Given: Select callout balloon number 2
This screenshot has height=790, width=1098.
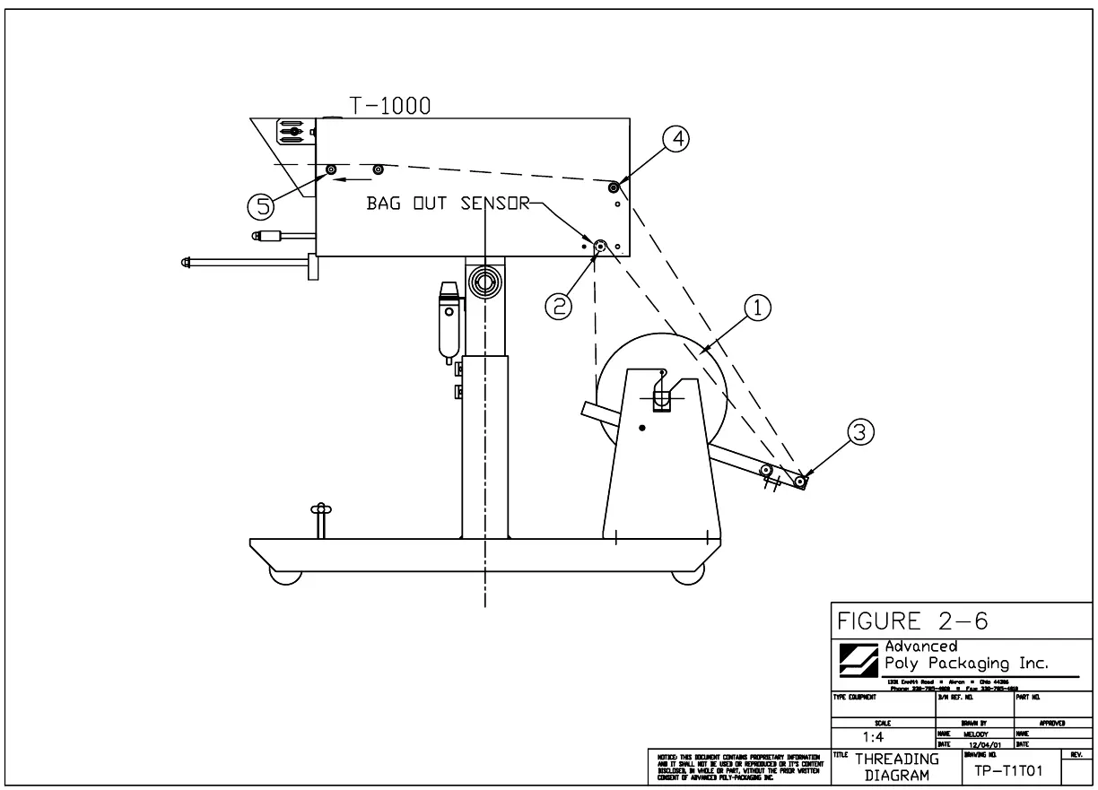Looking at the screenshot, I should coord(559,306).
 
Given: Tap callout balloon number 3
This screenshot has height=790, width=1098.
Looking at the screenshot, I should coord(859,433).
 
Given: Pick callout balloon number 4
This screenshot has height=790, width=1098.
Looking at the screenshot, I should coord(677,139).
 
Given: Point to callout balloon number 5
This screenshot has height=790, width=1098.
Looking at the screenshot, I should coord(261,206).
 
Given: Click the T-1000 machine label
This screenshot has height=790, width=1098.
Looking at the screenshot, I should coord(389,105).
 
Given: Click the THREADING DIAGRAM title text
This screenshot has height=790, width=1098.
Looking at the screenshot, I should coord(897,767).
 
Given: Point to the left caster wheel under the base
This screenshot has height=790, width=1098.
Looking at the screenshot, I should coord(284,575).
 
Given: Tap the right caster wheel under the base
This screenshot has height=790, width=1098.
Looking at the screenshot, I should coord(687,575).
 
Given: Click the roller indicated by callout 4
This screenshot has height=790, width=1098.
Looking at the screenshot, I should coord(614,187).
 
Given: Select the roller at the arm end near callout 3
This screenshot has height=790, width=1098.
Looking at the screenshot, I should coord(799,481).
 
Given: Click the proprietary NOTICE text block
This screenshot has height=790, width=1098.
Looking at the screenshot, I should coord(735,767).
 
